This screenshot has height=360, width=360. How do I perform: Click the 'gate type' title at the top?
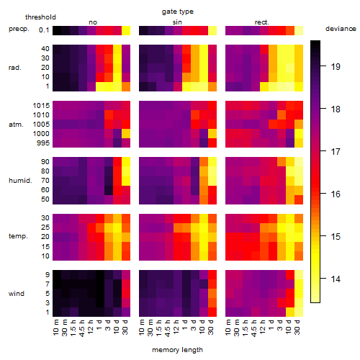pyautogui.click(x=178, y=12)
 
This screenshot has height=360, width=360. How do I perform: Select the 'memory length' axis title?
pyautogui.click(x=178, y=350)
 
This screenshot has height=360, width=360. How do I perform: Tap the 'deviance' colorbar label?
pyautogui.click(x=341, y=29)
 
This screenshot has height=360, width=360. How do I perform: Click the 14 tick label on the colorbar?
pyautogui.click(x=336, y=279)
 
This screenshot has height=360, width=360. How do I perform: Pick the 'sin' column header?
pyautogui.click(x=177, y=22)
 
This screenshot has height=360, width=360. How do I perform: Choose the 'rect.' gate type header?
pyautogui.click(x=262, y=22)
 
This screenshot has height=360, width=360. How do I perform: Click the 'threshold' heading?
pyautogui.click(x=40, y=17)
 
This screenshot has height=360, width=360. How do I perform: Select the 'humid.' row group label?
pyautogui.click(x=20, y=181)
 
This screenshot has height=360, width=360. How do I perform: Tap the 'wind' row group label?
pyautogui.click(x=17, y=294)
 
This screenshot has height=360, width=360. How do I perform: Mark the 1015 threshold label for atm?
pyautogui.click(x=41, y=106)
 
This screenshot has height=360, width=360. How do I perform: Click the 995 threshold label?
pyautogui.click(x=43, y=143)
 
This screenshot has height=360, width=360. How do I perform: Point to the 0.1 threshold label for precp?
pyautogui.click(x=44, y=30)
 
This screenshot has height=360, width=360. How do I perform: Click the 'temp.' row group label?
pyautogui.click(x=18, y=236)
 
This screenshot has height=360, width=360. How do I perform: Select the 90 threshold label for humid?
pyautogui.click(x=45, y=162)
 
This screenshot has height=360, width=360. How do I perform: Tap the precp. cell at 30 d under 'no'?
pyautogui.click(x=126, y=30)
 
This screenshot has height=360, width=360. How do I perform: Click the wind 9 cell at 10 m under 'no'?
pyautogui.click(x=57, y=274)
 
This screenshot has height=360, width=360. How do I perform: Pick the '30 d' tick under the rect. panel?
pyautogui.click(x=297, y=327)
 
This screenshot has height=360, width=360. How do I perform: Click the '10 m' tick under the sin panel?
pyautogui.click(x=142, y=328)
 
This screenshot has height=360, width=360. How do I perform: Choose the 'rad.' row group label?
pyautogui.click(x=15, y=68)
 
